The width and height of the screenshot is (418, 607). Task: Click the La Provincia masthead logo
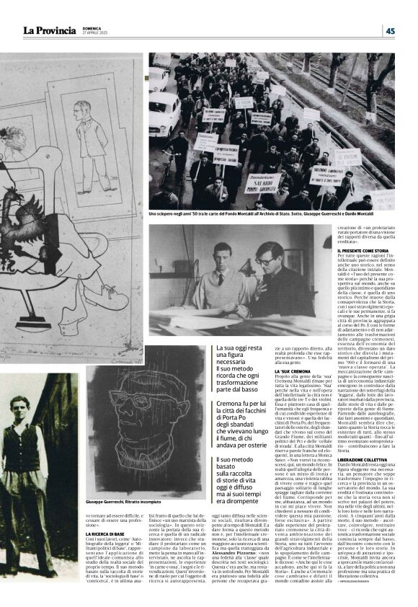pos(49,30)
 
